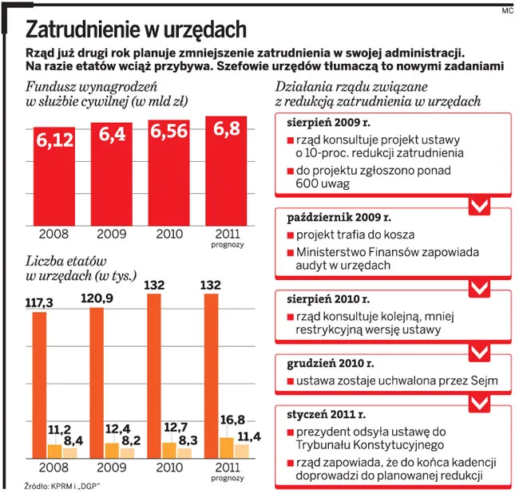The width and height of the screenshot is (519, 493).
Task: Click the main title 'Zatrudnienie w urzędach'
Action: pyautogui.click(x=136, y=30)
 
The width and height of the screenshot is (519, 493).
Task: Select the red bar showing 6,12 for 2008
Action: pyautogui.click(x=54, y=176)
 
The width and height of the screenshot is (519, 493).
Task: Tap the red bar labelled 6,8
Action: pyautogui.click(x=226, y=172)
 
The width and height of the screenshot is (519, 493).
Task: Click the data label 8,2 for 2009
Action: pyautogui.click(x=129, y=440)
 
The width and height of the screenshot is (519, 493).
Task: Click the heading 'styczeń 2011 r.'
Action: pyautogui.click(x=325, y=414)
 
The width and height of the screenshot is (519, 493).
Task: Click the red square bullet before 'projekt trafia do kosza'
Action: pyautogui.click(x=289, y=236)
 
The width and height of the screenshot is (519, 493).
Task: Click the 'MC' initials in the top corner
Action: pyautogui.click(x=507, y=11)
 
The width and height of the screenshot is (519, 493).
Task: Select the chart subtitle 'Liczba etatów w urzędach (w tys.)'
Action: pyautogui.click(x=67, y=268)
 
